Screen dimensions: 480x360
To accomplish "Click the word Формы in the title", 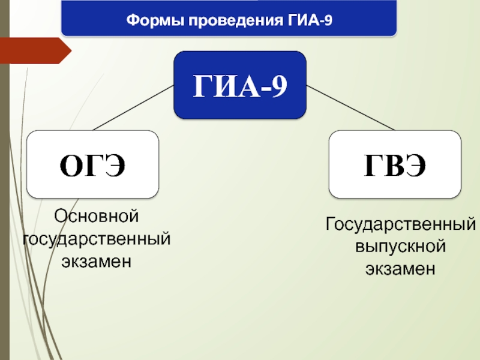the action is click(153, 22).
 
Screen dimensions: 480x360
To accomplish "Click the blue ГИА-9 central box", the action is click(240, 85).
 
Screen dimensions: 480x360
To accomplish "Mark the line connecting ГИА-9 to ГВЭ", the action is click(350, 107).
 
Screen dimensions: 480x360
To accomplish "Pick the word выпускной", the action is click(401, 247).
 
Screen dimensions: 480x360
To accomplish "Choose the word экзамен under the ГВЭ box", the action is click(401, 269).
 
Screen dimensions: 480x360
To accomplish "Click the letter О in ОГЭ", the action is click(70, 166).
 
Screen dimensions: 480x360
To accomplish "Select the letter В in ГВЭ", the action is click(395, 166).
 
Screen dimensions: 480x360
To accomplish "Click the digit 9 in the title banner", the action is click(328, 22).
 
